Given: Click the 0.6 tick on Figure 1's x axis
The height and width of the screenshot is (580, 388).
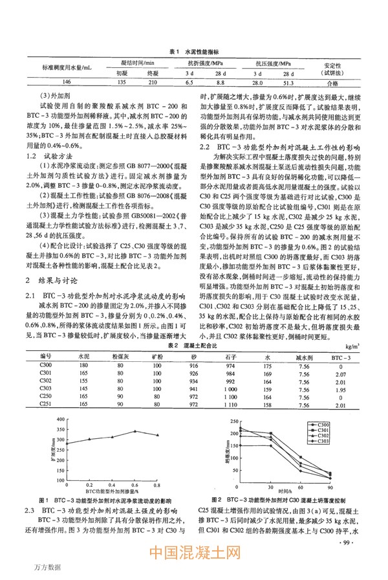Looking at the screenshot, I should point(134,484).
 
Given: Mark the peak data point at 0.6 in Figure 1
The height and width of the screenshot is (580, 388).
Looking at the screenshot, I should point(134,449).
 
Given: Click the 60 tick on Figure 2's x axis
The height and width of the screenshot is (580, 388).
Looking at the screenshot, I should point(302,485).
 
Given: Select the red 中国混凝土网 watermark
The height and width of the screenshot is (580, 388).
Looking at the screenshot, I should point(194,555).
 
